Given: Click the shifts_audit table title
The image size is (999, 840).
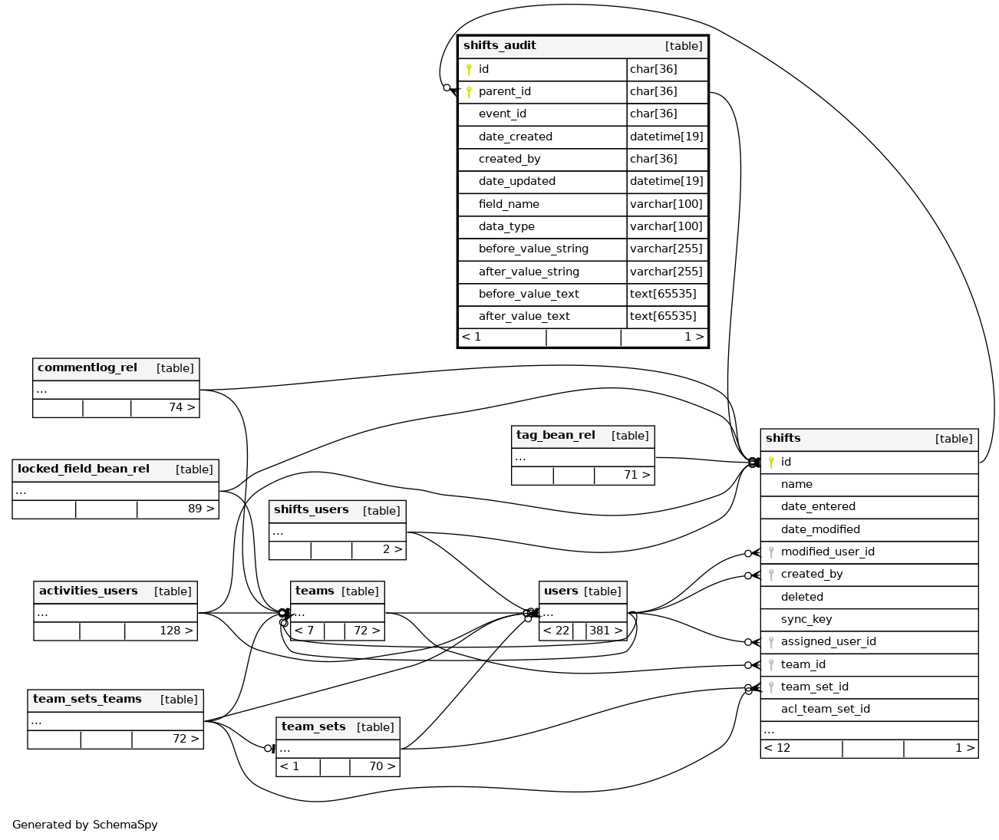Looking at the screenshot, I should (499, 46).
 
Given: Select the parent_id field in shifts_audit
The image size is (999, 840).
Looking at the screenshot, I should (504, 92).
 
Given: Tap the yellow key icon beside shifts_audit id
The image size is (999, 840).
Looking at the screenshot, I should (469, 70).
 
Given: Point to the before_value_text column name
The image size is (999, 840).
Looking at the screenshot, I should (529, 295).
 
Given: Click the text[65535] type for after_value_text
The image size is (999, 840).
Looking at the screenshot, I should (663, 316).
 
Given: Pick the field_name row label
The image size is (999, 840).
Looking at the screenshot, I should (509, 205).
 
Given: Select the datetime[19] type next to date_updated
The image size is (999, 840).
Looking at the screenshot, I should (666, 182).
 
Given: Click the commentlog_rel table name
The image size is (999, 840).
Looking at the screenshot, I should (87, 368).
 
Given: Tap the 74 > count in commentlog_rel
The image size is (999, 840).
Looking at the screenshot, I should (182, 407).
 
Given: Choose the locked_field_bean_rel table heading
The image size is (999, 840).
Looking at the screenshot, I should (84, 469).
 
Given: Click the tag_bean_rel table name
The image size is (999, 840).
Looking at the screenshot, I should (556, 436).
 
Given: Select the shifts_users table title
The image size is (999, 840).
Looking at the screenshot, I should (311, 510).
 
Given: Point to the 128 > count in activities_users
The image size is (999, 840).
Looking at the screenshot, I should (176, 631).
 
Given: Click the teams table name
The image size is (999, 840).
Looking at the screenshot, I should (315, 591).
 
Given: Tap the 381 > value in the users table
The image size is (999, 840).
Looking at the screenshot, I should (605, 631).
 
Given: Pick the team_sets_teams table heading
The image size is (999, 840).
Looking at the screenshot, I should (87, 700).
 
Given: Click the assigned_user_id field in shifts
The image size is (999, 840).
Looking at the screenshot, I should (828, 642).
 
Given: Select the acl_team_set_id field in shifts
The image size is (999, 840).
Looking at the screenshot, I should (825, 710).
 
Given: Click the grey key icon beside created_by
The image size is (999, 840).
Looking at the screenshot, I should (771, 575).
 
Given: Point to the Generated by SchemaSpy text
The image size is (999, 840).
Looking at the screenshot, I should (85, 825).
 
